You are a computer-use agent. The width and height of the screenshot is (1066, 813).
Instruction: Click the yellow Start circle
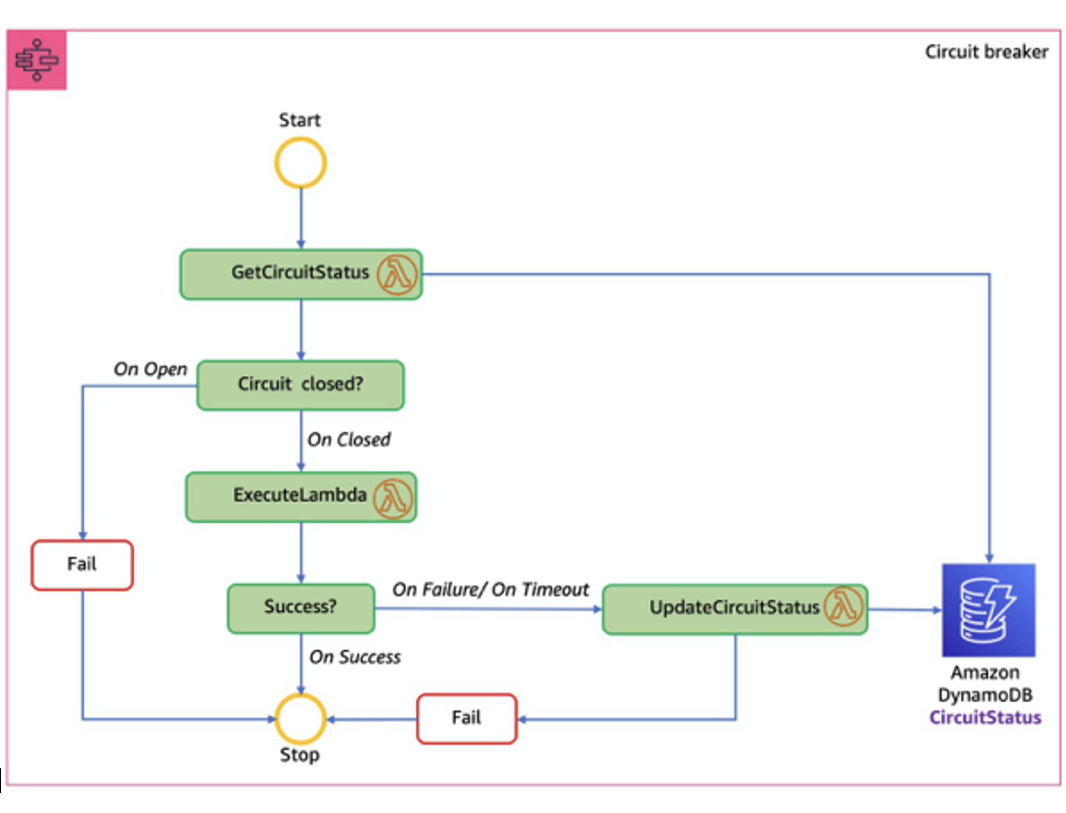pyautogui.click(x=300, y=163)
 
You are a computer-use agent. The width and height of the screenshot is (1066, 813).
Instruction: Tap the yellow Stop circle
pyautogui.click(x=300, y=719)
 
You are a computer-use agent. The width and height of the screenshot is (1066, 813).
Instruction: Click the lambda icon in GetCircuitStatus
pyautogui.click(x=397, y=275)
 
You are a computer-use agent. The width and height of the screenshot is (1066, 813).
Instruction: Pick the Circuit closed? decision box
pyautogui.click(x=300, y=385)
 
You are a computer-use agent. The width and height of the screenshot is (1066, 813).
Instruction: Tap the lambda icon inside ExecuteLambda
pyautogui.click(x=393, y=498)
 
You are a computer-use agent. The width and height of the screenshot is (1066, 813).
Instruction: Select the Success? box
pyautogui.click(x=300, y=608)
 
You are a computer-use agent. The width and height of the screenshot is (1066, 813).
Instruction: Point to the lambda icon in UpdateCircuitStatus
pyautogui.click(x=843, y=607)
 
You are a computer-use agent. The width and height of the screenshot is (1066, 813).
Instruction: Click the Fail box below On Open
pyautogui.click(x=82, y=565)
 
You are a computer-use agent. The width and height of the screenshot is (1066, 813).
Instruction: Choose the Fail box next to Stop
pyautogui.click(x=466, y=719)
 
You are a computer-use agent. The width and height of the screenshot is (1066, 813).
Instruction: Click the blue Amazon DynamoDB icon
pyautogui.click(x=988, y=610)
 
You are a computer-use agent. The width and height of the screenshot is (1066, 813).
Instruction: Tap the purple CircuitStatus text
pyautogui.click(x=985, y=717)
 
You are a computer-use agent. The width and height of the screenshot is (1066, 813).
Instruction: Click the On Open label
pyautogui.click(x=150, y=369)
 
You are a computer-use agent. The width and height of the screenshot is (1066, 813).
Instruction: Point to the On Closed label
pyautogui.click(x=348, y=439)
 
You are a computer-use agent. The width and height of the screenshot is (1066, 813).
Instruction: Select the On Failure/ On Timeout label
pyautogui.click(x=490, y=589)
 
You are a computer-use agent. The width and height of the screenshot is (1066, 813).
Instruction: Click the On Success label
pyautogui.click(x=355, y=657)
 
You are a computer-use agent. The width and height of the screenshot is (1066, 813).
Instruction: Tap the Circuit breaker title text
pyautogui.click(x=986, y=52)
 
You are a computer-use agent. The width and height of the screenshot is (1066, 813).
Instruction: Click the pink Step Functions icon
pyautogui.click(x=37, y=60)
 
